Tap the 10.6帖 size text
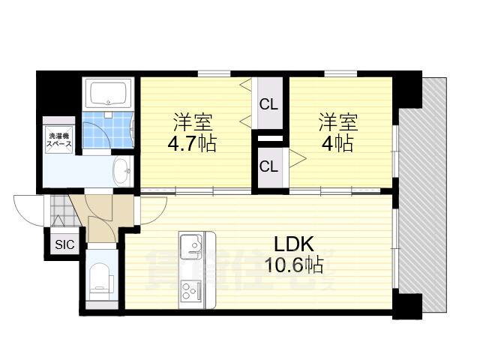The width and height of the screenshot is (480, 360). [293, 263]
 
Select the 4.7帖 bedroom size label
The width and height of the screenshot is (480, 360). [193, 143]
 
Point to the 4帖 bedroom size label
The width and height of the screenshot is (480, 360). [337, 143]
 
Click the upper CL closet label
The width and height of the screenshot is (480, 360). [268, 105]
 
